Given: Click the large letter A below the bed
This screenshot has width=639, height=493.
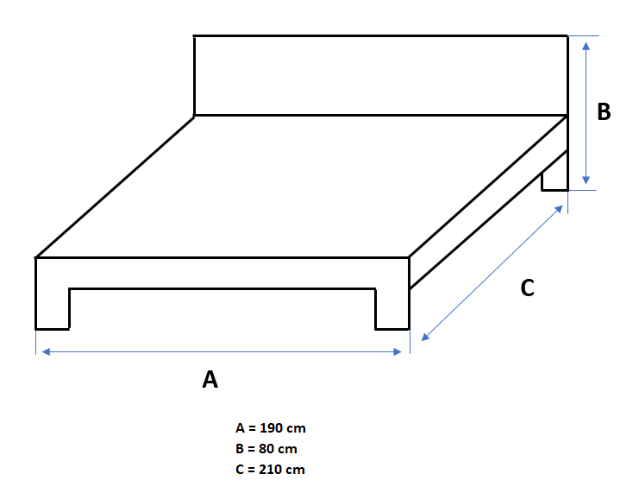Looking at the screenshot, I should tap(210, 379).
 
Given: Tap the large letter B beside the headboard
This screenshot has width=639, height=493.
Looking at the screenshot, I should tap(604, 111).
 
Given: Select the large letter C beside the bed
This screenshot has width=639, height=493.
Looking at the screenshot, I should tap(528, 289).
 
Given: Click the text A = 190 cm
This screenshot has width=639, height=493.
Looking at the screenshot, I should tap(270, 428).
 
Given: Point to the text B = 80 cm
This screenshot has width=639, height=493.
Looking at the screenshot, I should tap(266, 449).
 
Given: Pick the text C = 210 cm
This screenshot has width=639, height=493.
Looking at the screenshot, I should tap(270, 470).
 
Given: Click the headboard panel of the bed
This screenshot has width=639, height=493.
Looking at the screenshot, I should tap(379, 75).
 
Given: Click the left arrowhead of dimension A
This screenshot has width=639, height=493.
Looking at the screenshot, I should tap(45, 351).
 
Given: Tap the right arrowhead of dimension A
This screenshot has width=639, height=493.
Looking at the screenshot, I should tap(398, 351).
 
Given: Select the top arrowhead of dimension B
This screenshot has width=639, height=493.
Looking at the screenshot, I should tap(586, 43).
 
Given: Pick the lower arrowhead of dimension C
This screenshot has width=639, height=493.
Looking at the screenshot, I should tap(423, 338).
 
